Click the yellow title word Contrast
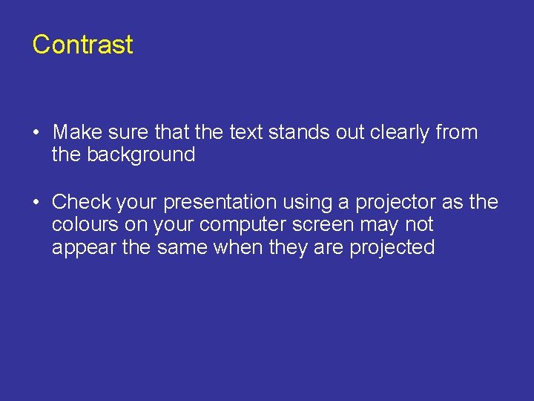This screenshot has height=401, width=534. coord(82,45)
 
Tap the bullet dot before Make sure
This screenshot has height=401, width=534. coord(36,134)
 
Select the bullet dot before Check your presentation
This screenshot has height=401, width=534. coord(36,202)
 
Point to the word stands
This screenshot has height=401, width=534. coord(296,133)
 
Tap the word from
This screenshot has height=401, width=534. coord(458,133)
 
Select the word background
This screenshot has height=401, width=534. coord(141,155)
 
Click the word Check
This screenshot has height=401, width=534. coord(82,202)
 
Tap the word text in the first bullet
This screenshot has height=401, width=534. coord(246,133)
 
